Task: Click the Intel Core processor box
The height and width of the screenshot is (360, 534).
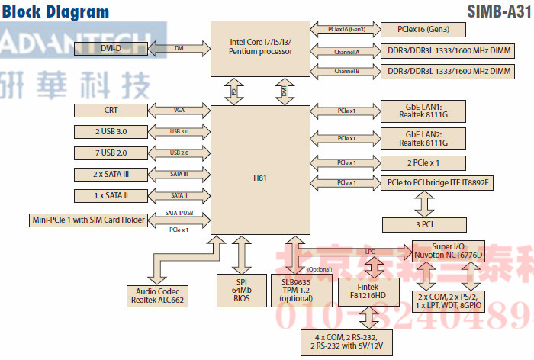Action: (x=259, y=47)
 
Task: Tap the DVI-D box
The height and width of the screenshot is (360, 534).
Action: (x=111, y=48)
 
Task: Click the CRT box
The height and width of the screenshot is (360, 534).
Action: (x=111, y=111)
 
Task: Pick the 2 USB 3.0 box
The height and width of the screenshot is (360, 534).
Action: (x=111, y=132)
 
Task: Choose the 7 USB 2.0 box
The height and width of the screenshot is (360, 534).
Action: (x=111, y=153)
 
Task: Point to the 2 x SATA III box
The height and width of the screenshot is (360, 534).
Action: (x=111, y=175)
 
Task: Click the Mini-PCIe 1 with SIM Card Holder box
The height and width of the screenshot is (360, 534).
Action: (x=90, y=221)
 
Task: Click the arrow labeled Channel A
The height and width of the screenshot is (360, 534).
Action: (x=347, y=52)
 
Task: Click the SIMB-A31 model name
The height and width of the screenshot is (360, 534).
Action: (x=497, y=11)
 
